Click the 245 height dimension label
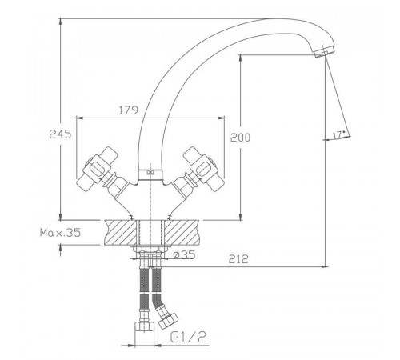pyautogui.click(x=60, y=134)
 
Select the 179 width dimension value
pyautogui.click(x=128, y=110)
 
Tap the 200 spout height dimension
pyautogui.click(x=240, y=138)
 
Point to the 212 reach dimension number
pyautogui.click(x=238, y=259)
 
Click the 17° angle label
pyautogui.click(x=339, y=134)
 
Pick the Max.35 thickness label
pyautogui.click(x=60, y=233)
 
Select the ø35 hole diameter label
pyautogui.click(x=184, y=254)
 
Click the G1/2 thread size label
pyautogui.click(x=188, y=338)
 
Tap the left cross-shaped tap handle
pyautogui.click(x=98, y=169)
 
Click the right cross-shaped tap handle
pyautogui.click(x=204, y=169)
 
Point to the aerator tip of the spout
pyautogui.click(x=324, y=52)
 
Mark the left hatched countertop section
pyautogui.click(x=121, y=232)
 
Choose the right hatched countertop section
pyautogui.click(x=182, y=232)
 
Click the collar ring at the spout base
pyautogui.click(x=150, y=174)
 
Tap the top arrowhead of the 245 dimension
pyautogui.click(x=61, y=22)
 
